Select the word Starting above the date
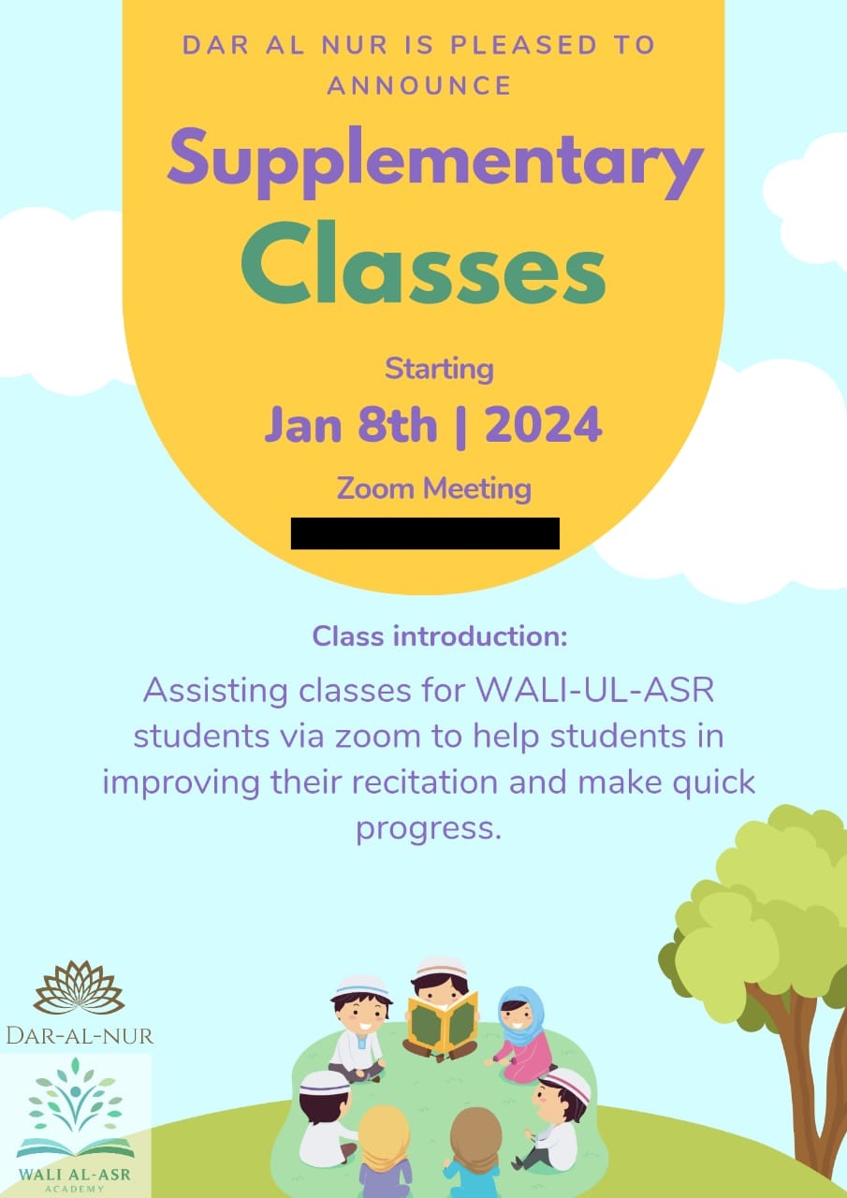439,369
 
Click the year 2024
543,426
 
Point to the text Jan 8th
350,426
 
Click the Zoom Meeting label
433,488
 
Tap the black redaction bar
425,533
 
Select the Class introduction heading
440,636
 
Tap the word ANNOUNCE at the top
418,86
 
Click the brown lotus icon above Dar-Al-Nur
79,988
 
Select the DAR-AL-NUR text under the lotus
79,1034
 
